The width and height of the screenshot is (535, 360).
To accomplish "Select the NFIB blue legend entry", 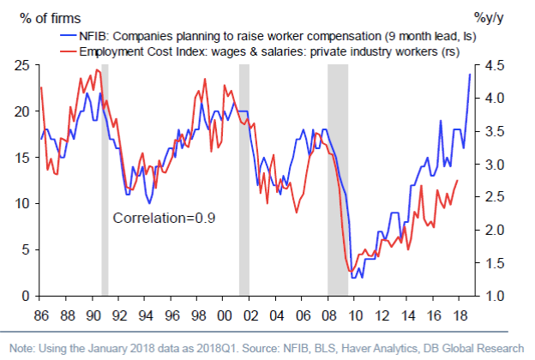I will pyautogui.click(x=256, y=36).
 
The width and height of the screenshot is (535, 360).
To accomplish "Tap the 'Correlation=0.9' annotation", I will pyautogui.click(x=164, y=218).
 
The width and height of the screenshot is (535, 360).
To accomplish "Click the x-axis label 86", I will pyautogui.click(x=41, y=313).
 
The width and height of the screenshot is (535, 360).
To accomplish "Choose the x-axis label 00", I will pyautogui.click(x=227, y=313).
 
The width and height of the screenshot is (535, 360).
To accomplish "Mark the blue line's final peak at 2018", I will pyautogui.click(x=469, y=75).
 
